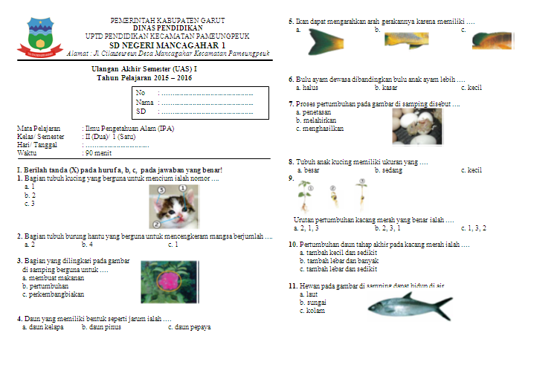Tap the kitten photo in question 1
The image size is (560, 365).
click(173, 206)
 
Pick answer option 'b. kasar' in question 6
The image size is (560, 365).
click(388, 88)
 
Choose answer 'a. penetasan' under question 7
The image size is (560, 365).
click(315, 112)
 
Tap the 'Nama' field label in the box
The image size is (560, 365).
click(145, 102)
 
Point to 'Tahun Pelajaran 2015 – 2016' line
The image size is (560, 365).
click(139, 78)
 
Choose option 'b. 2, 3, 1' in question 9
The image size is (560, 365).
click(390, 228)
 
